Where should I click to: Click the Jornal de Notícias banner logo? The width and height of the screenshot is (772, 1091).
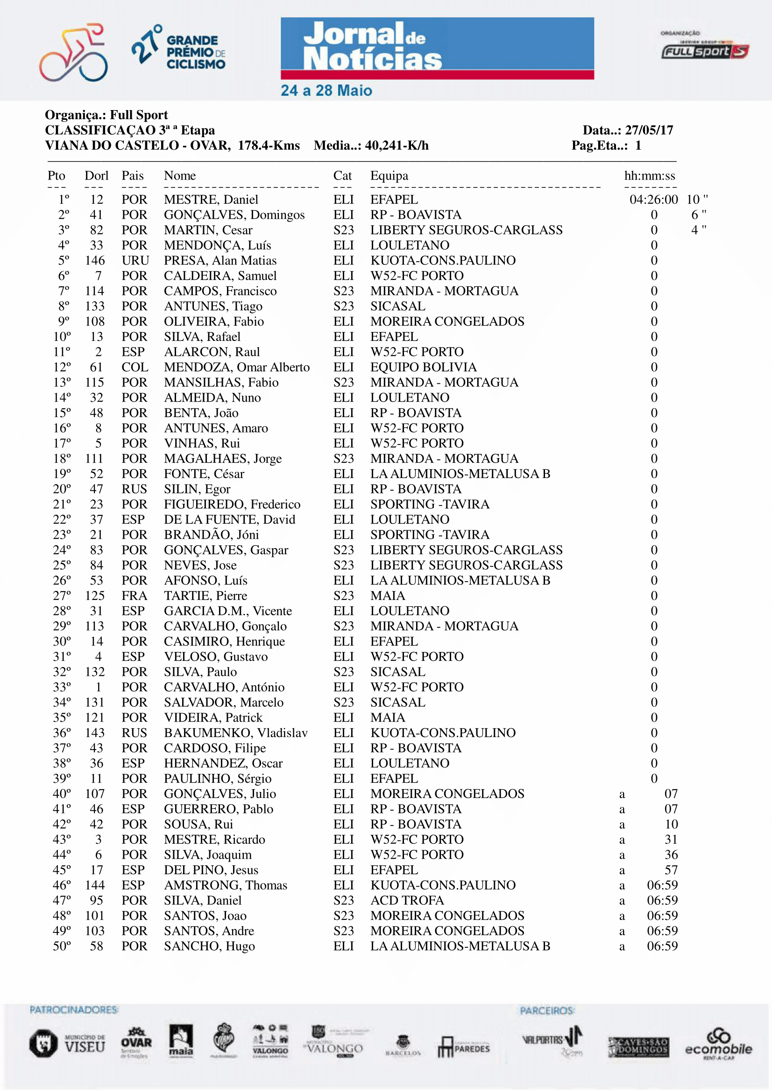437,48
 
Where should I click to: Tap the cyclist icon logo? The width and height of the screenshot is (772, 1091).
74,52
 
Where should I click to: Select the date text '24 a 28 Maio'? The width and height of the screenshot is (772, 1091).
326,90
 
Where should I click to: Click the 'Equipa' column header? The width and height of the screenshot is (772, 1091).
389,176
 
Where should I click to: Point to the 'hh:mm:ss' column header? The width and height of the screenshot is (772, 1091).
649,176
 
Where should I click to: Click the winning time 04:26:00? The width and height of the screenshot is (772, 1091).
653,200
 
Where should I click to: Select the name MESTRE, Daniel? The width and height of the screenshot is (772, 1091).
211,200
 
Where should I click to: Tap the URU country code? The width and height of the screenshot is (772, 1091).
135,260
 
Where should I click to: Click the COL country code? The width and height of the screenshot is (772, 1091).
135,367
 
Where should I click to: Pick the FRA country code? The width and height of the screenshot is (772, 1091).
134,596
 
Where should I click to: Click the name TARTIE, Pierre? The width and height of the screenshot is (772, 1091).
205,596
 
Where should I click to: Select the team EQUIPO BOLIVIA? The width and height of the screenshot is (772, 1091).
423,367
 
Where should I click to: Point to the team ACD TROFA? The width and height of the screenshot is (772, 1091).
407,900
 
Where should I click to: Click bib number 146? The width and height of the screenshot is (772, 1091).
95,260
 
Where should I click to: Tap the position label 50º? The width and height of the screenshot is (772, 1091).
62,946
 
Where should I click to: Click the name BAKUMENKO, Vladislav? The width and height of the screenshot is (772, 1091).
235,733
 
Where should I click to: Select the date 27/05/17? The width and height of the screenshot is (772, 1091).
649,130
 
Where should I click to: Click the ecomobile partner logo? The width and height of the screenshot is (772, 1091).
718,1044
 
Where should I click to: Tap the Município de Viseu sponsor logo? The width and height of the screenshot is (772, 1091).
68,1043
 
